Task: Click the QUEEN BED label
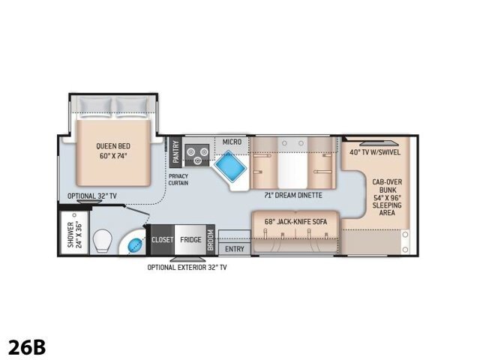[x=113, y=146]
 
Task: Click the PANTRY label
[x=175, y=151]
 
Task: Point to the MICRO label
[x=232, y=142]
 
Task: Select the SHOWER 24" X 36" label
[x=75, y=234]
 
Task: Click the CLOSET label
[x=162, y=240]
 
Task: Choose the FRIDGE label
[x=190, y=240]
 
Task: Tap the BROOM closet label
[x=210, y=240]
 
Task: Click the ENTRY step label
[x=235, y=249]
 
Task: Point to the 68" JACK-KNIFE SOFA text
[x=295, y=221]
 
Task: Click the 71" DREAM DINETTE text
[x=293, y=195]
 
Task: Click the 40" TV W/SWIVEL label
[x=375, y=152]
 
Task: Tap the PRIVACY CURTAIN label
[x=178, y=180]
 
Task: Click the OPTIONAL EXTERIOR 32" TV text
[x=187, y=268]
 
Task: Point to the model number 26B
[x=27, y=346]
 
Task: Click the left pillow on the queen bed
[x=94, y=106]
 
